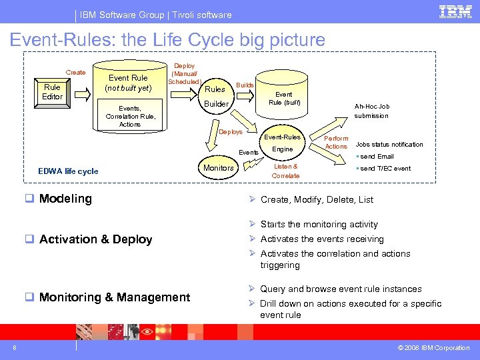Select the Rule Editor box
tap(52, 92)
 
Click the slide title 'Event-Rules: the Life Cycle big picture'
tap(167, 40)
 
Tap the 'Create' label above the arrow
tap(75, 72)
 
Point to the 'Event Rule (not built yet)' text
tap(128, 83)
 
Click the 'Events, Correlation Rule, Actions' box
tap(130, 116)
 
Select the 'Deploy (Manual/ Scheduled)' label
tap(184, 74)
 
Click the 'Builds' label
tap(245, 85)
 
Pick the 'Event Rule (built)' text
tap(285, 99)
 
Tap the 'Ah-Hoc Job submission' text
tap(372, 111)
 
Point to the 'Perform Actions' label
tap(336, 143)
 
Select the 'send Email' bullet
tap(377, 157)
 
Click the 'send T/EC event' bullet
tap(385, 169)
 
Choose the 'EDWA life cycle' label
tap(68, 171)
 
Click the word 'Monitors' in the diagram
tap(219, 168)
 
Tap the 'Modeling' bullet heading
tap(65, 199)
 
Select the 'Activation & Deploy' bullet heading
tap(95, 239)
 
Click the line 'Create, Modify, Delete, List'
tap(317, 199)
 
